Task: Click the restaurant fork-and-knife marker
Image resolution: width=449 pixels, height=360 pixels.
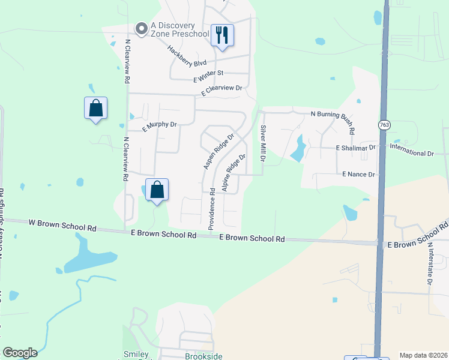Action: (222, 35)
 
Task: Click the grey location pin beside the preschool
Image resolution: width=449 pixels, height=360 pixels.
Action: (142, 29)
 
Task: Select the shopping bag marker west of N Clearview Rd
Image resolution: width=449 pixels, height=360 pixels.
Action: (95, 109)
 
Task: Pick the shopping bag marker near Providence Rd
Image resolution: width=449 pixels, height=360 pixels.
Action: (157, 190)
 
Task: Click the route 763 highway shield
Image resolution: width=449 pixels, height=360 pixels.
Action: (384, 125)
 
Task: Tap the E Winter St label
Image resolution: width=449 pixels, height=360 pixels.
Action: (208, 76)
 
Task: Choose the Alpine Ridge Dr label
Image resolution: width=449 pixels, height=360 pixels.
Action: (234, 173)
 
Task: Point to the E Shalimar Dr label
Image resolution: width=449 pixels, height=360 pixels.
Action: (355, 147)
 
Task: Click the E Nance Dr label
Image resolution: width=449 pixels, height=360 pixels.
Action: (358, 174)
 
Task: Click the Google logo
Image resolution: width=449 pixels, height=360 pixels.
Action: (20, 353)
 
